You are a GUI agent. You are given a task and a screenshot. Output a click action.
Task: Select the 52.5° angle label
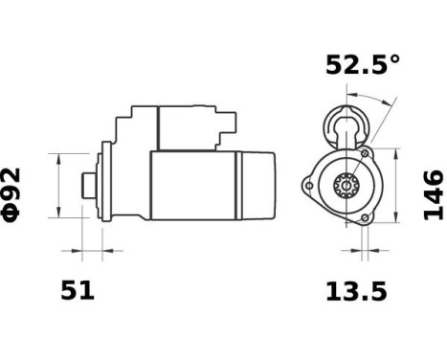(x=363, y=65)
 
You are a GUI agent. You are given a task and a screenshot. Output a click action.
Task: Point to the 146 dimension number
(x=434, y=194)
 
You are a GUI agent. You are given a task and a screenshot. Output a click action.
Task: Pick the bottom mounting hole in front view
(x=363, y=218)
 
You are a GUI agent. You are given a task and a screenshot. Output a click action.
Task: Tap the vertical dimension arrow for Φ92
(x=60, y=185)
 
